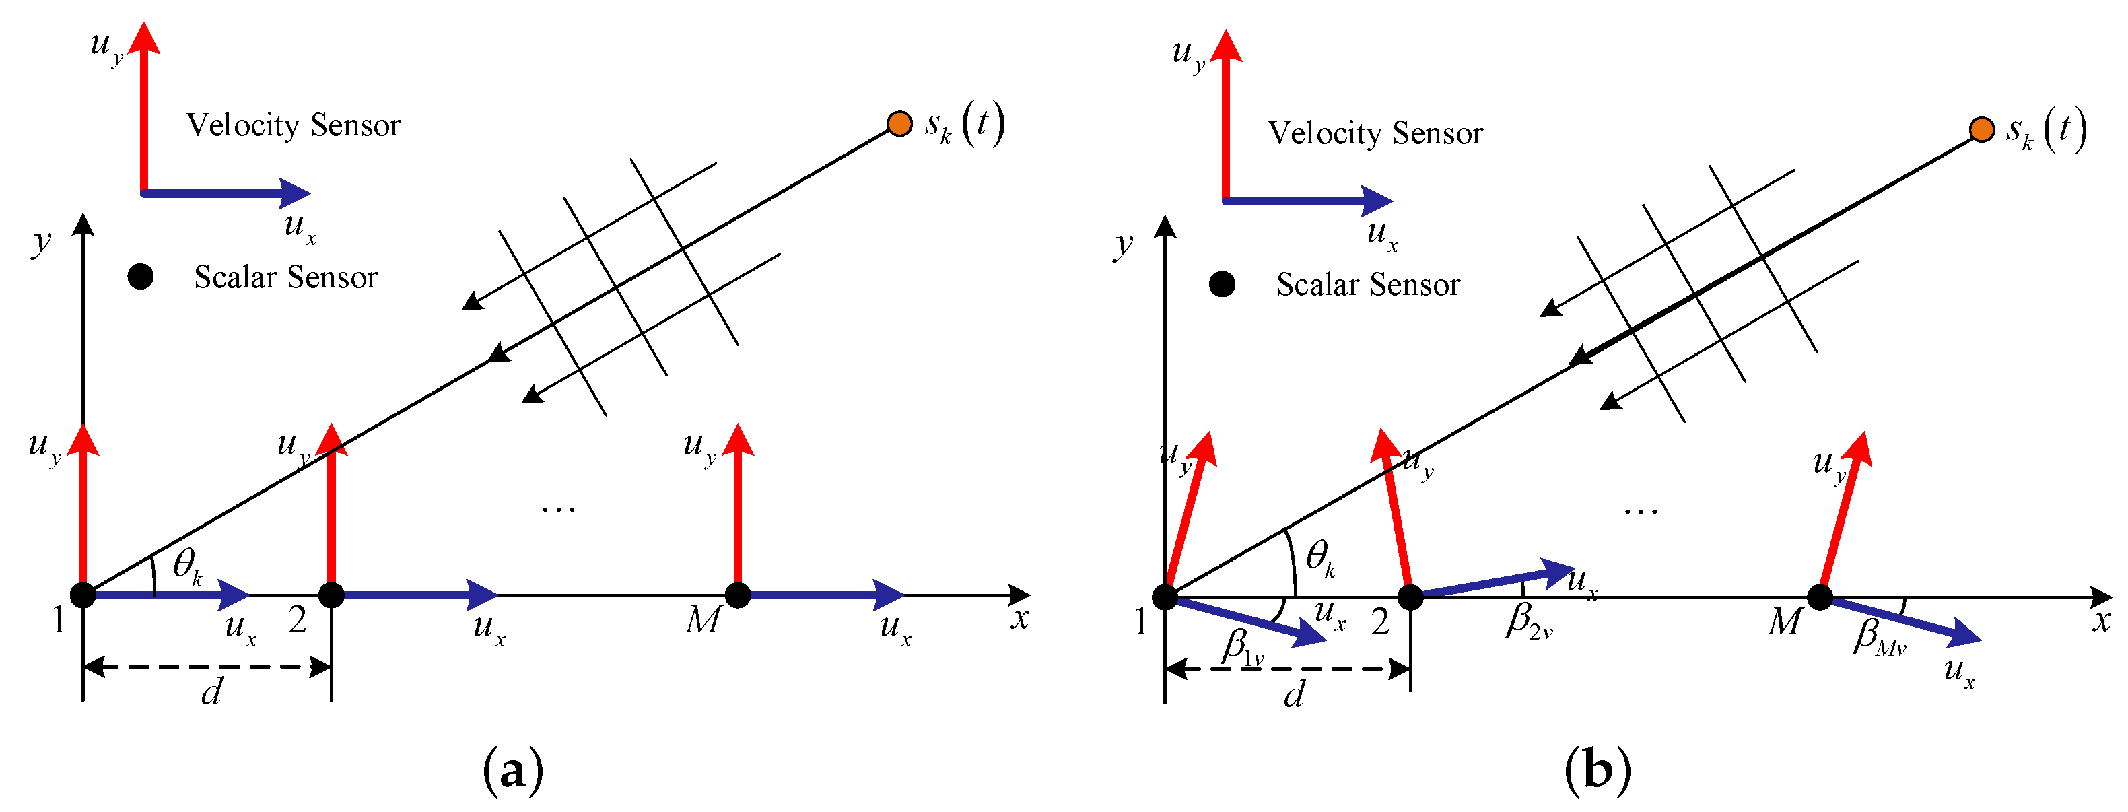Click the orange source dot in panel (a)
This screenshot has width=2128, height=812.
(899, 124)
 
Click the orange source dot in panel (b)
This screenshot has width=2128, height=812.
(1981, 130)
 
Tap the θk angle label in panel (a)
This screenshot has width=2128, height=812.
(188, 567)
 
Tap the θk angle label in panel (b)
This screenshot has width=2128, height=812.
(1320, 558)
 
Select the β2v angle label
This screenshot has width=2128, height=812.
(1528, 621)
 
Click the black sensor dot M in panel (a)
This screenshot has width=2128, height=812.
(737, 595)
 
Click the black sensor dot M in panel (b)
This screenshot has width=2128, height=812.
(1819, 597)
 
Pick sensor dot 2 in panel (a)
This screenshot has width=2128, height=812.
(331, 595)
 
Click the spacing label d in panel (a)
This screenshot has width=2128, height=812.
(211, 692)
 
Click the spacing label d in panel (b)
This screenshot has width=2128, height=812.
(1294, 696)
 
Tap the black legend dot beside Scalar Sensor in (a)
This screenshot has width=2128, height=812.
(141, 277)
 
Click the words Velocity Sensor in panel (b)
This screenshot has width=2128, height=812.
(1375, 133)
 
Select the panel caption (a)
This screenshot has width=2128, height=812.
(513, 770)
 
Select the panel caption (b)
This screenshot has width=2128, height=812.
(1597, 770)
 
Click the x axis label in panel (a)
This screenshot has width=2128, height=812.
(1020, 618)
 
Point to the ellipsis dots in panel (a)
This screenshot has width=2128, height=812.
(559, 509)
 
